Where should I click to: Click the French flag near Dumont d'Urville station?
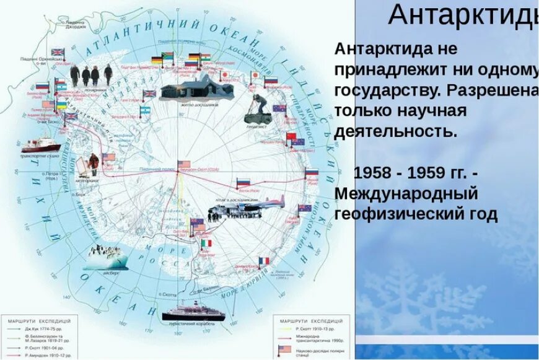(264, 261)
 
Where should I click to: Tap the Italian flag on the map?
(206, 244)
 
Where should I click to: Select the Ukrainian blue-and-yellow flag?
(63, 107)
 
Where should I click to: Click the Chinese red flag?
(291, 136)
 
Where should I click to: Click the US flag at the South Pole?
(184, 164)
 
